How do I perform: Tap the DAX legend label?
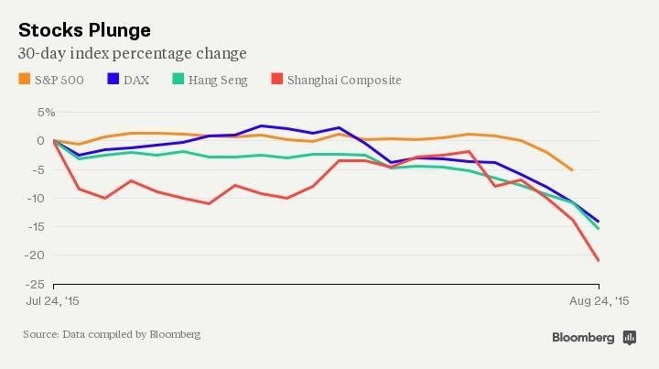137,80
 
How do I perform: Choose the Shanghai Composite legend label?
344,80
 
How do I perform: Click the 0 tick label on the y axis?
41,140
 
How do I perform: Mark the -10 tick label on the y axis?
38,198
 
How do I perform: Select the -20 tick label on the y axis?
38,255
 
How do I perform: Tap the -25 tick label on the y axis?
38,285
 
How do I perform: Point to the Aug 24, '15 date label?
598,301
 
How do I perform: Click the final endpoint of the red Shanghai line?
599,261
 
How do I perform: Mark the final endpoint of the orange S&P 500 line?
572,170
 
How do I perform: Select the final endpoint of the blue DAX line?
599,222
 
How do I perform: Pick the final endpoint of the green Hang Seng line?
599,229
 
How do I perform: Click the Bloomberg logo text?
583,338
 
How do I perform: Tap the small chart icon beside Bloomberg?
629,338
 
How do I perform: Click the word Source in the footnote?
40,334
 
